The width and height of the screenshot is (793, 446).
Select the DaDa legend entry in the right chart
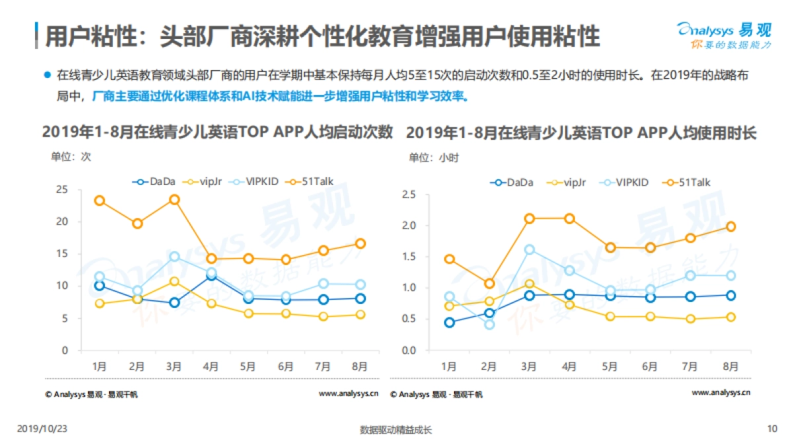click(x=513, y=182)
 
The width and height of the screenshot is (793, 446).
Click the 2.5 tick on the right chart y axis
click(x=408, y=194)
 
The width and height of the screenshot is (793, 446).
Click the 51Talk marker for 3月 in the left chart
click(x=174, y=200)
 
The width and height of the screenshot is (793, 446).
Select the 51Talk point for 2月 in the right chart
click(x=489, y=283)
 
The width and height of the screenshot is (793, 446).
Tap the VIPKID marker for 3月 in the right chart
click(x=529, y=250)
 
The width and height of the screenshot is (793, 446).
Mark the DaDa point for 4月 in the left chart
click(x=211, y=276)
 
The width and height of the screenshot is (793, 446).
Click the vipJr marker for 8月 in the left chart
click(x=360, y=315)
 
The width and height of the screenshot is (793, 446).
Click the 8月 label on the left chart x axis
click(x=360, y=365)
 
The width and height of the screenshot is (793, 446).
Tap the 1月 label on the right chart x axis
click(x=449, y=365)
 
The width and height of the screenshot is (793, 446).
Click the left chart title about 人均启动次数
click(x=217, y=132)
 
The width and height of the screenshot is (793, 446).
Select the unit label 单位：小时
click(x=434, y=157)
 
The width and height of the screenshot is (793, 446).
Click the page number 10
click(x=771, y=429)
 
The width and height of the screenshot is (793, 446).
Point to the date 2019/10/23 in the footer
click(x=42, y=429)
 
